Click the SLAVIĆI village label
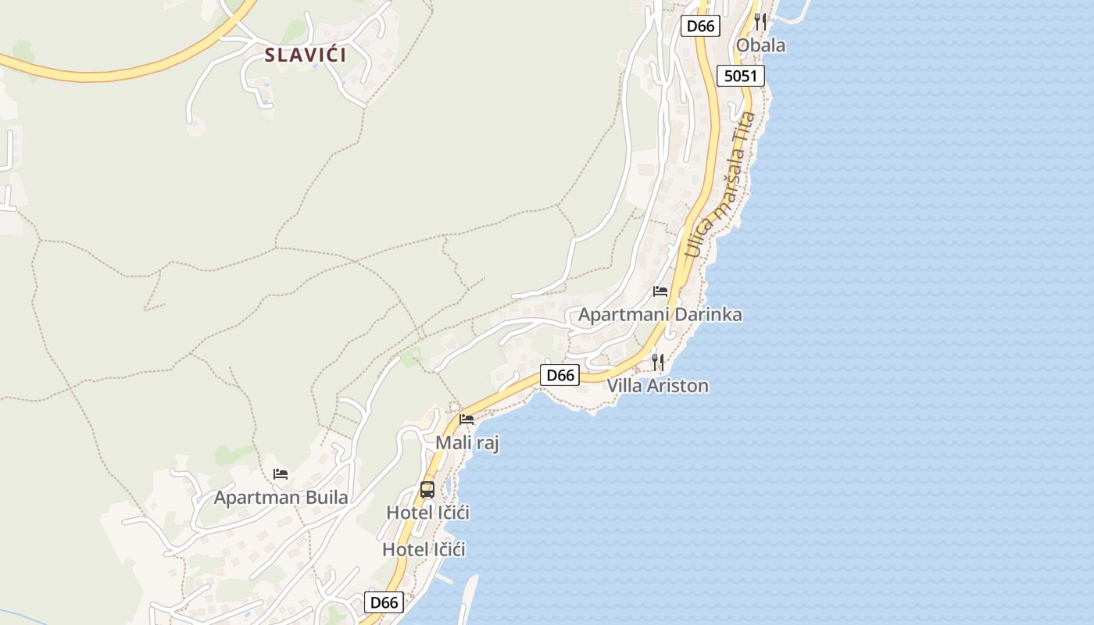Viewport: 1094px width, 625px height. point(306,55)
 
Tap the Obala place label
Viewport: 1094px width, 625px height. point(760,45)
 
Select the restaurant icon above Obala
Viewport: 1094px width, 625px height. point(760,21)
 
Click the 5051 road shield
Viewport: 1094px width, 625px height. point(740,76)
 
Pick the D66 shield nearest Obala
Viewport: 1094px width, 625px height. point(699,26)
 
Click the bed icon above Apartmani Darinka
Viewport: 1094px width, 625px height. point(660,291)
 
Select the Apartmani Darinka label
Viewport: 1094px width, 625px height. point(660,315)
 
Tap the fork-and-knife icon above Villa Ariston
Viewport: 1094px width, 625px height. point(658,362)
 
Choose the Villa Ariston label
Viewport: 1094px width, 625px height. point(658,385)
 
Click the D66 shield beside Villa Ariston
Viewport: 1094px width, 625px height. point(560,375)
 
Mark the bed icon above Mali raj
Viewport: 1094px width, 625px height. point(467,420)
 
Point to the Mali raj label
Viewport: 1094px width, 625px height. point(467,443)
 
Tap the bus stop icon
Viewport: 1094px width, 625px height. point(427,490)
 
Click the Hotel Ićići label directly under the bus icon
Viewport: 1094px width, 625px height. point(427,512)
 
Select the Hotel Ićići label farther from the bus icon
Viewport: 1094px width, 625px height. point(424,549)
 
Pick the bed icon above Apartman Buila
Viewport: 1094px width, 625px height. point(281,474)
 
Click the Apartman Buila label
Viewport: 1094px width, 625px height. point(281,497)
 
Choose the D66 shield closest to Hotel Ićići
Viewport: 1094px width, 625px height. point(384,602)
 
